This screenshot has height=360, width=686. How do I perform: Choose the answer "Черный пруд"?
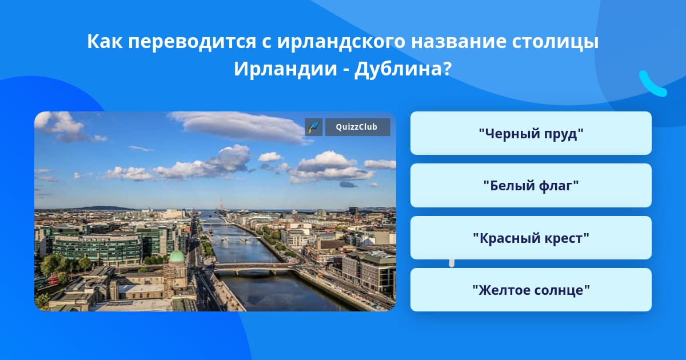point(531,133)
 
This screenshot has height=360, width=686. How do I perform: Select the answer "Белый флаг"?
point(531,186)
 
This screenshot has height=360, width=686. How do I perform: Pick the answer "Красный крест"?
point(531,238)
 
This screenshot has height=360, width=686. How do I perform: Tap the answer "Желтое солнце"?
point(531,290)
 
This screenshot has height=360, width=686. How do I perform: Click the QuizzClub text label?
point(357,127)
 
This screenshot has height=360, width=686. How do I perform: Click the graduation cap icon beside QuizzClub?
point(314,127)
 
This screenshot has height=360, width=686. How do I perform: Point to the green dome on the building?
point(177,256)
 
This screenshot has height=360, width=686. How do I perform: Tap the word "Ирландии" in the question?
point(285,69)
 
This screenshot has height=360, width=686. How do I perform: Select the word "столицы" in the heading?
point(555,42)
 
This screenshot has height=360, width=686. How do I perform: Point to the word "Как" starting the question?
point(105,41)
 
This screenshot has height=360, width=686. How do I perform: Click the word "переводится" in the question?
point(192,42)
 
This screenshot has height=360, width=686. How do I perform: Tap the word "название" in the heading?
point(458,41)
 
